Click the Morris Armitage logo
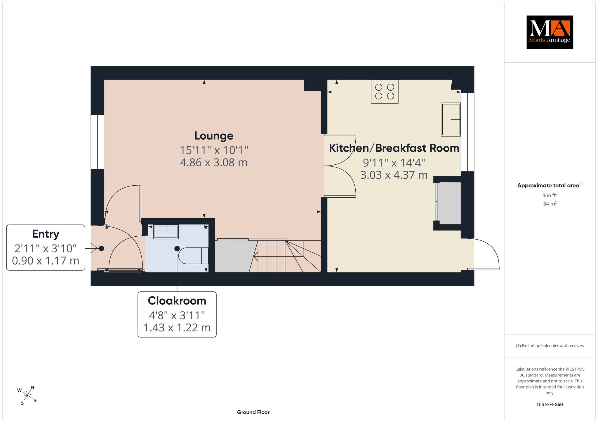[550, 32]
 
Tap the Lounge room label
[214, 136]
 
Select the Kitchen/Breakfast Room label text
[394, 148]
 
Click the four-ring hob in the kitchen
[385, 92]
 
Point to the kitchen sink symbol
[451, 119]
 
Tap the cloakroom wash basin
[166, 232]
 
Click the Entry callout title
[46, 234]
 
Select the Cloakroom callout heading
[177, 301]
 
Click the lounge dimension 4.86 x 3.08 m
[214, 162]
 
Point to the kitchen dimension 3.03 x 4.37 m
[394, 175]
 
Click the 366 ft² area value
[550, 195]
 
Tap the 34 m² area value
[550, 204]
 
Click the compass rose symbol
[27, 395]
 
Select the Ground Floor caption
[253, 412]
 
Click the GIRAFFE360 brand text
[550, 405]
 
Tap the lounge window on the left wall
[97, 142]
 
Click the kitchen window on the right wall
[467, 132]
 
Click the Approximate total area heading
[550, 185]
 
